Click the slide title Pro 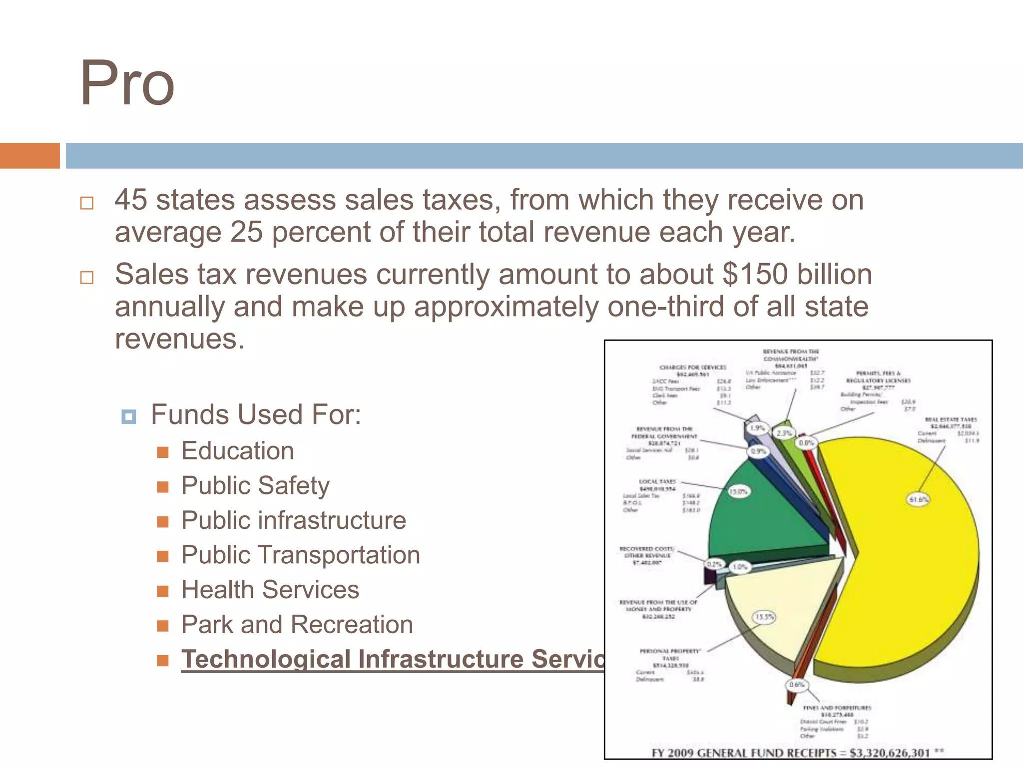pyautogui.click(x=127, y=84)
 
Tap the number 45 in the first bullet pyautogui.click(x=131, y=200)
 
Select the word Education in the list pyautogui.click(x=237, y=451)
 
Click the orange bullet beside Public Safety pyautogui.click(x=163, y=487)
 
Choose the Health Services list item pyautogui.click(x=270, y=590)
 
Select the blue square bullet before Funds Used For pyautogui.click(x=128, y=416)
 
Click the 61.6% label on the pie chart pyautogui.click(x=918, y=499)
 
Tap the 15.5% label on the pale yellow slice pyautogui.click(x=764, y=617)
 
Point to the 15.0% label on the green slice pyautogui.click(x=738, y=492)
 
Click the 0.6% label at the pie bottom pyautogui.click(x=796, y=685)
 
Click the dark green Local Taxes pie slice pyautogui.click(x=764, y=519)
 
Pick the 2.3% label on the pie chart pyautogui.click(x=784, y=433)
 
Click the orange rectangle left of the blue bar pyautogui.click(x=29, y=156)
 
